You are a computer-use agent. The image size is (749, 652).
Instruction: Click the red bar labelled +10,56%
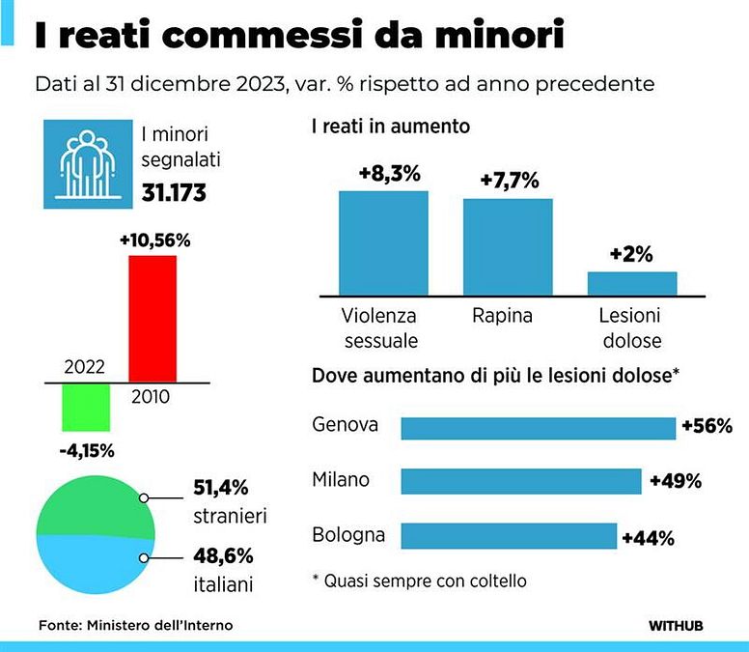(x=153, y=319)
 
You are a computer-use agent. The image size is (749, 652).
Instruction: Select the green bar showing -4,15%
(x=86, y=407)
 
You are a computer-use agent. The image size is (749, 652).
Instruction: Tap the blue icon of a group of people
(x=87, y=162)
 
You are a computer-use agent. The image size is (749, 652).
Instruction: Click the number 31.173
(x=175, y=191)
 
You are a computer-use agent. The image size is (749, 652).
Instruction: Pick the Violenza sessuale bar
(x=383, y=242)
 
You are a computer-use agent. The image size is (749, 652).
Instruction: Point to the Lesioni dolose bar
(x=631, y=283)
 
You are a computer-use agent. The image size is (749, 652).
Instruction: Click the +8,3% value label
(x=383, y=174)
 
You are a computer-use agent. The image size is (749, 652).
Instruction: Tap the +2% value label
(x=631, y=255)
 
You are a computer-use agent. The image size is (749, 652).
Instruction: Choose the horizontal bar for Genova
(x=538, y=428)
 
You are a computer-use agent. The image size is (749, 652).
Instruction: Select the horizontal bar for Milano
(x=520, y=481)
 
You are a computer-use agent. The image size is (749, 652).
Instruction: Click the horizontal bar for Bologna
(x=509, y=535)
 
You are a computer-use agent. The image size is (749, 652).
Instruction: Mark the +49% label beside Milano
(x=675, y=481)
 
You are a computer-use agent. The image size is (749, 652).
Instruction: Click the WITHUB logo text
(x=675, y=625)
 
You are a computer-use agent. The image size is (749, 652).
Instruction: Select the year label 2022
(x=84, y=368)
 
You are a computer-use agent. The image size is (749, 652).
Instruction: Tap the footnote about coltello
(x=420, y=581)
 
